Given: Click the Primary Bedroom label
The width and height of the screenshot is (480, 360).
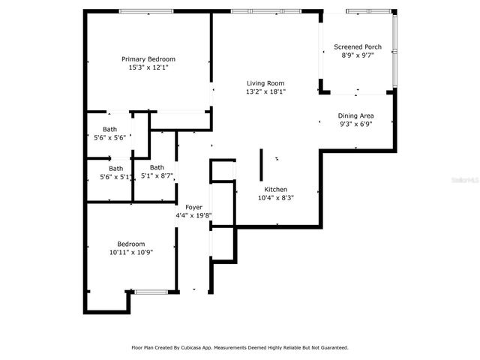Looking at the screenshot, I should [x=148, y=59].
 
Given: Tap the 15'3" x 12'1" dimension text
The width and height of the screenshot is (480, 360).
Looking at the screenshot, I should [x=148, y=67].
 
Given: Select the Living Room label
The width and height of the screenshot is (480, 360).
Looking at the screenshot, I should [x=265, y=83].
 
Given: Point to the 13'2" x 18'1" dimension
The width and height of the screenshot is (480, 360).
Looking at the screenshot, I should [x=265, y=91].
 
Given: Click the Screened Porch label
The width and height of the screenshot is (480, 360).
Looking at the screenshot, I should [x=358, y=47].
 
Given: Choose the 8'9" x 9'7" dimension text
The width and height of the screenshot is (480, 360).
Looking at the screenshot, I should [x=358, y=55].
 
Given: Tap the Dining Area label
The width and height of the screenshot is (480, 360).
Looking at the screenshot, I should [x=355, y=115].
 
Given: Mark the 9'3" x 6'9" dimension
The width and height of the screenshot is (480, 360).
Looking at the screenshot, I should [x=355, y=124].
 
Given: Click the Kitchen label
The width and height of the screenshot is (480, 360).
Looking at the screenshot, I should [x=275, y=190].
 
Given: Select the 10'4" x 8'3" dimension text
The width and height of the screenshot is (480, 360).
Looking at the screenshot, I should [x=275, y=198].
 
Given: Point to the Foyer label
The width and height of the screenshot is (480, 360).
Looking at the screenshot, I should [x=193, y=207].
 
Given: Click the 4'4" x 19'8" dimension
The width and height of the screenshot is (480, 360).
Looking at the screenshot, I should [x=193, y=215].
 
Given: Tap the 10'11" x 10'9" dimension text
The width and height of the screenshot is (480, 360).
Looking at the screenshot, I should [x=130, y=252].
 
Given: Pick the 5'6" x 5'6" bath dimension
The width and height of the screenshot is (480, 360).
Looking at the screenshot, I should [x=109, y=138].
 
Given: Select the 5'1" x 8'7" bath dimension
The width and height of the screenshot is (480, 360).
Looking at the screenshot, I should [x=157, y=176].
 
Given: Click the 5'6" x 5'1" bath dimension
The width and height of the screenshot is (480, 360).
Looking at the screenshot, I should [x=115, y=177].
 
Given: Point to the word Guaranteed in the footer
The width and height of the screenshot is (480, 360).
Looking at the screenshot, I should [x=331, y=348].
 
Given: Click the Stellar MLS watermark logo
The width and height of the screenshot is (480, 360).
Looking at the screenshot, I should [x=466, y=181].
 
